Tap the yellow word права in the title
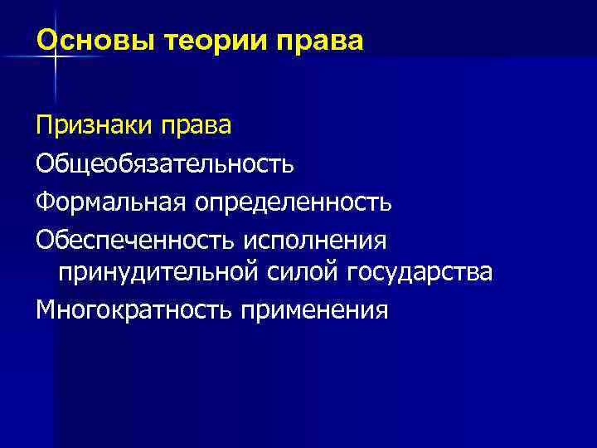click(x=323, y=40)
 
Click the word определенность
click(x=290, y=200)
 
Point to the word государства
click(x=421, y=272)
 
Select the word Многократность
click(x=134, y=309)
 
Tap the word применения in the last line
click(x=315, y=309)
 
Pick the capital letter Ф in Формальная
click(x=45, y=200)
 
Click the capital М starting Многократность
click(x=46, y=309)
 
